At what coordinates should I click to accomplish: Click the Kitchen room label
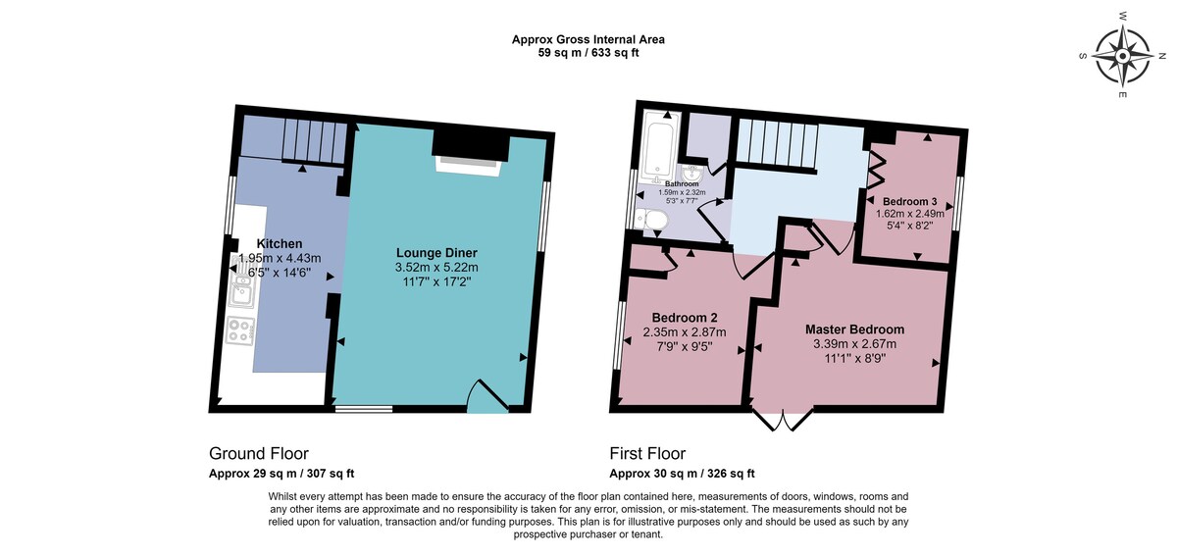click(280, 243)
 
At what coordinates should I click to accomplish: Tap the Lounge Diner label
click(436, 253)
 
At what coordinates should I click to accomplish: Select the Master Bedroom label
click(855, 329)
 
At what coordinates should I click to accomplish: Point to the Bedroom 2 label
click(685, 318)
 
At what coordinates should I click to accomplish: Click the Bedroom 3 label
click(909, 201)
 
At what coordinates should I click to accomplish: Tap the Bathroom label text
click(682, 184)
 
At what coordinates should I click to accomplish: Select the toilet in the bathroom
click(650, 220)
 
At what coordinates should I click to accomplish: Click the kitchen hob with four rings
click(240, 330)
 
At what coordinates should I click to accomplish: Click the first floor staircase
click(777, 145)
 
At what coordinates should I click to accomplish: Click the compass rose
click(1122, 56)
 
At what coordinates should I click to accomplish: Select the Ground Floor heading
click(259, 453)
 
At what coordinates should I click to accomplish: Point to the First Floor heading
click(647, 453)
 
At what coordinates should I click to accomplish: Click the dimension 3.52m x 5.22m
click(436, 268)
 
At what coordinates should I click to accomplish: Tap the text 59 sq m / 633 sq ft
click(588, 53)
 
